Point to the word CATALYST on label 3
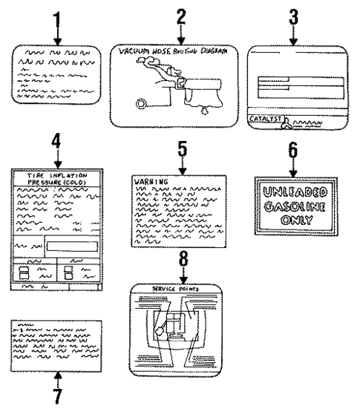[263, 117]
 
